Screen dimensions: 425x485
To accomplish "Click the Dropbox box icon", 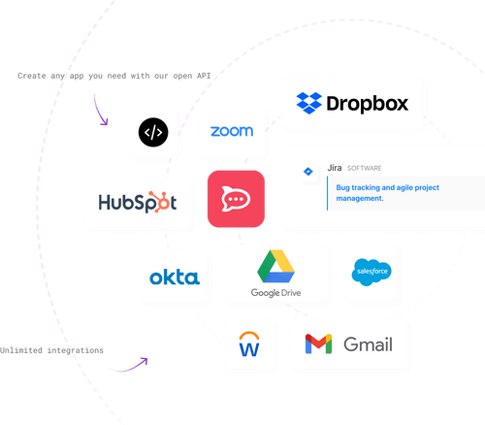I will click(x=309, y=103).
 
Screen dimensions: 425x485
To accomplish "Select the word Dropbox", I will click(x=368, y=103).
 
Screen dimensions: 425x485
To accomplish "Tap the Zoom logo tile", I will click(x=231, y=131).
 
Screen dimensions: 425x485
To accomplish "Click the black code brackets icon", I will click(x=153, y=131).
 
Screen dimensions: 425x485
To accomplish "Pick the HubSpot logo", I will click(x=137, y=202).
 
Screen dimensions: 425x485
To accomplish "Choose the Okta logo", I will click(x=174, y=278).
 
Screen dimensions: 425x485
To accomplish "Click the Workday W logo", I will click(x=249, y=343).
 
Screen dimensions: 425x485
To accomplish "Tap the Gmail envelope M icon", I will click(x=319, y=343).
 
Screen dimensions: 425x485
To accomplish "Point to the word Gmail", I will click(x=368, y=343).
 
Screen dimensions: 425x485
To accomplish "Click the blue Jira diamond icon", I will click(x=308, y=171).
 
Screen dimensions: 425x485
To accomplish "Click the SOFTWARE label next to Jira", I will click(x=365, y=168).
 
